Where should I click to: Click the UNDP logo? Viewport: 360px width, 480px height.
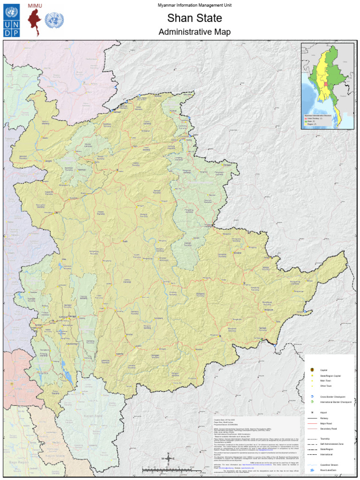[x=12, y=21]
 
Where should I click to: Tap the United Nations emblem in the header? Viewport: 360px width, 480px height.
[x=54, y=21]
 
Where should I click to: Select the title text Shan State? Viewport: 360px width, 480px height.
[x=187, y=18]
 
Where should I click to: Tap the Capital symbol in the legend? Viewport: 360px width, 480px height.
[x=312, y=370]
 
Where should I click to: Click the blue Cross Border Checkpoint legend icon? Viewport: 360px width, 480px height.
[x=312, y=397]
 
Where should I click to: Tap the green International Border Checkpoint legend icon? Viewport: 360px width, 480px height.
[x=312, y=402]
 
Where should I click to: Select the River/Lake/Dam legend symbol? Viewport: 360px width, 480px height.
[x=312, y=470]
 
